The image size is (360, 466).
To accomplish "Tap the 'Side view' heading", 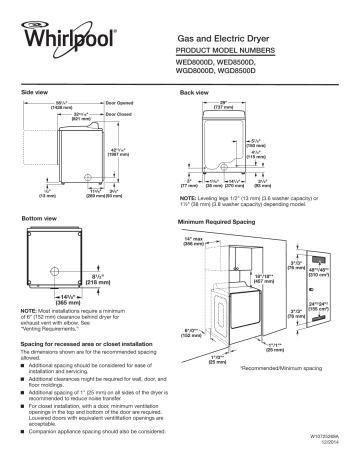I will [36, 91].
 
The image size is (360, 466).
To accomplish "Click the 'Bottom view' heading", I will [41, 217].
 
